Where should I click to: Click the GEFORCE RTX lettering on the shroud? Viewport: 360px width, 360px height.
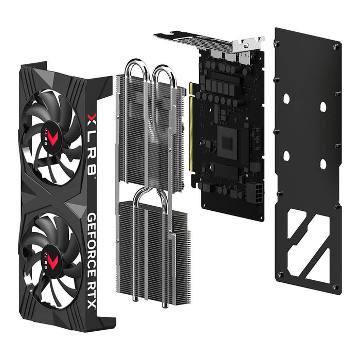coord(93,260)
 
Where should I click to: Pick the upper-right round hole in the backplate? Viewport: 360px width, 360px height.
coord(322,107)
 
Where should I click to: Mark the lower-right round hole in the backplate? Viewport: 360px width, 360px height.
coord(322,165)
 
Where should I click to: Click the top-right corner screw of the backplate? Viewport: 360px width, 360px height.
coord(336,47)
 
